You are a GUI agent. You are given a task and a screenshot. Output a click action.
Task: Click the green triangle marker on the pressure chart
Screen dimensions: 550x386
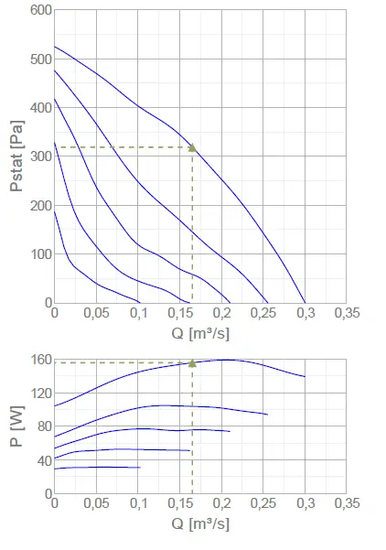[192, 147]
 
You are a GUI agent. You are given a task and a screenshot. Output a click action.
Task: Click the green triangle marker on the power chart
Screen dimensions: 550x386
[192, 362]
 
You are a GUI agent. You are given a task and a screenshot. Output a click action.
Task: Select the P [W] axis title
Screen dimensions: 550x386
[16, 426]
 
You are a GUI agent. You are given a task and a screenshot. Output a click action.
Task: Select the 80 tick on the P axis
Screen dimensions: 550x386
[42, 426]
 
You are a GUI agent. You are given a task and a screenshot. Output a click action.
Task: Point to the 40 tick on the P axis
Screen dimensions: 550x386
[42, 460]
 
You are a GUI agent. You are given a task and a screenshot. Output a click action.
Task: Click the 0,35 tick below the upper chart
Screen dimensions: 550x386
[347, 313]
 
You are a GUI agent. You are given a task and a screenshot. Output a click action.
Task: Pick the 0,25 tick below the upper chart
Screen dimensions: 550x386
[263, 313]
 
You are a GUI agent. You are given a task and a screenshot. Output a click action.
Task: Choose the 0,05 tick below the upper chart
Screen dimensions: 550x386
[96, 313]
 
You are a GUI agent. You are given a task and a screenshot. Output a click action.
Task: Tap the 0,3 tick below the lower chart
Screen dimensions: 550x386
[306, 504]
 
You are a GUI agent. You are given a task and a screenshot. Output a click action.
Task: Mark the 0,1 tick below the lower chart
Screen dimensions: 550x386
[138, 504]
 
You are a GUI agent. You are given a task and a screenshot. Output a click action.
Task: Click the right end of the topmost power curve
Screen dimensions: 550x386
[305, 376]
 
